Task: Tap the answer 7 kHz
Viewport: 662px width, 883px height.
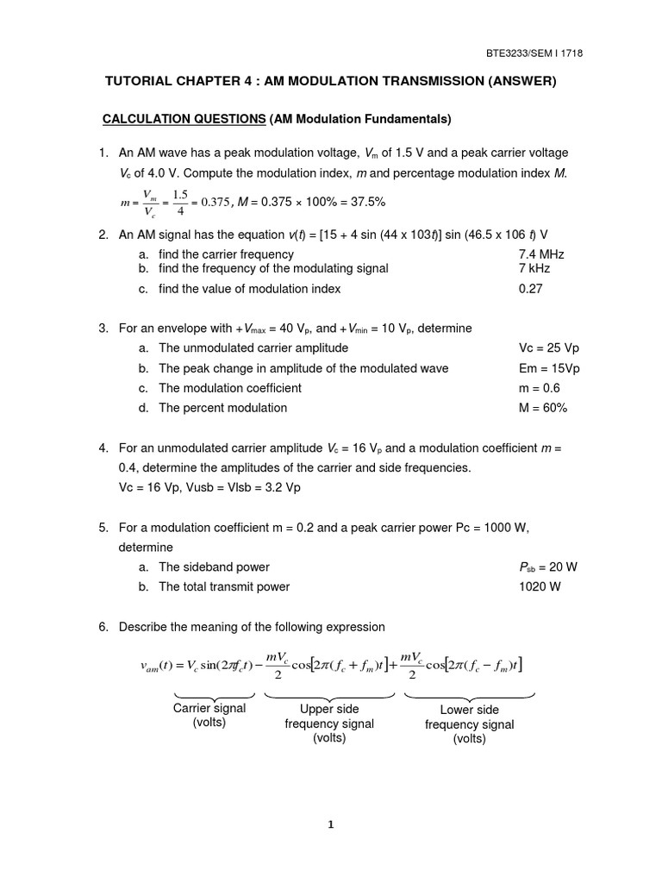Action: click(534, 268)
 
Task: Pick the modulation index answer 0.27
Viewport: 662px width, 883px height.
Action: click(531, 289)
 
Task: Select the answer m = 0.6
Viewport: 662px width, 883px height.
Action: click(539, 388)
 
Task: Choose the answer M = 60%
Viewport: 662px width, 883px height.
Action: click(542, 408)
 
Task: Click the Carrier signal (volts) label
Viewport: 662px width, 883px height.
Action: click(209, 715)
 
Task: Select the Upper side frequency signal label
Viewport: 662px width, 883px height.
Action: click(329, 723)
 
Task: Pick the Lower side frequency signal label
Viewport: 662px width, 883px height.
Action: click(469, 724)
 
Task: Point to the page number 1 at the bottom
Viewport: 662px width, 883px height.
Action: click(331, 824)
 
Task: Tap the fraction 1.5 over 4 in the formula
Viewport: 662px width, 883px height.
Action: click(179, 202)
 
